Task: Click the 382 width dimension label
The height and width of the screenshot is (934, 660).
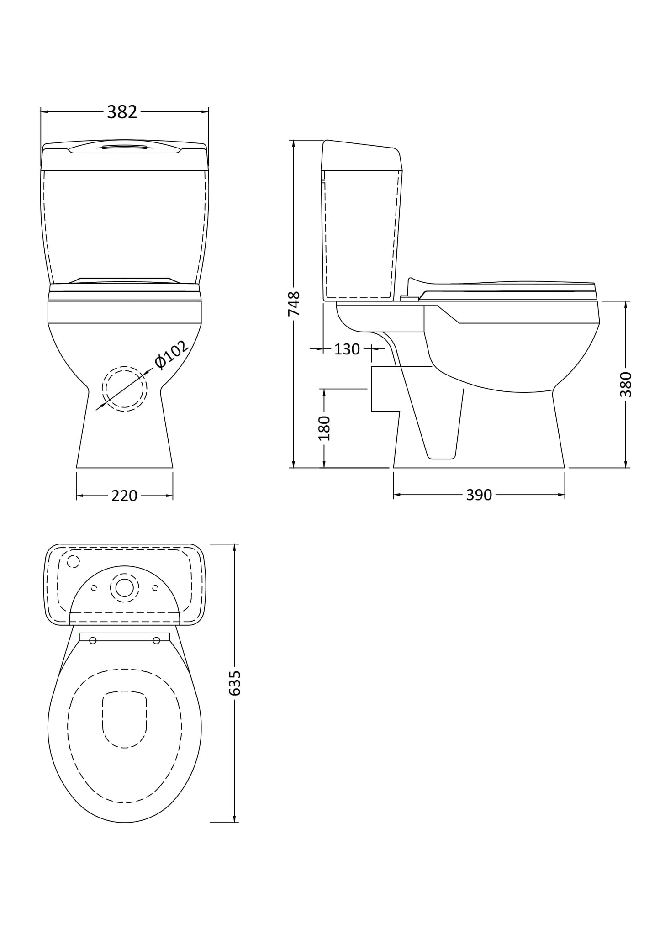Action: pyautogui.click(x=122, y=112)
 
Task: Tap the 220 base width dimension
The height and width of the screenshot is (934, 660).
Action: pyautogui.click(x=124, y=496)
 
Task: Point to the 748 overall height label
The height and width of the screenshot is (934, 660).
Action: pyautogui.click(x=294, y=303)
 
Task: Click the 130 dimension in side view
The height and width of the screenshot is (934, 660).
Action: pyautogui.click(x=347, y=349)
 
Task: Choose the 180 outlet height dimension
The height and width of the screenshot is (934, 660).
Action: pyautogui.click(x=324, y=428)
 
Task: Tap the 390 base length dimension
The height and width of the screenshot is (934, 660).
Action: pyautogui.click(x=479, y=495)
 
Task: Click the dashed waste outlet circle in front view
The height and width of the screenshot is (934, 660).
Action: pyautogui.click(x=124, y=389)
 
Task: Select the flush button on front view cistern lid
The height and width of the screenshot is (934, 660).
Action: pyautogui.click(x=124, y=148)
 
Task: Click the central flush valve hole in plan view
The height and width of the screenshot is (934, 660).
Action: pyautogui.click(x=124, y=588)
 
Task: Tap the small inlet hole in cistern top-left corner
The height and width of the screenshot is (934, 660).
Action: pyautogui.click(x=73, y=561)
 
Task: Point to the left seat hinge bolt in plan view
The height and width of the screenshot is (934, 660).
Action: pyautogui.click(x=93, y=640)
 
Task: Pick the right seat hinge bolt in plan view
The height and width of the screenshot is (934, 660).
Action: pyautogui.click(x=156, y=640)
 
